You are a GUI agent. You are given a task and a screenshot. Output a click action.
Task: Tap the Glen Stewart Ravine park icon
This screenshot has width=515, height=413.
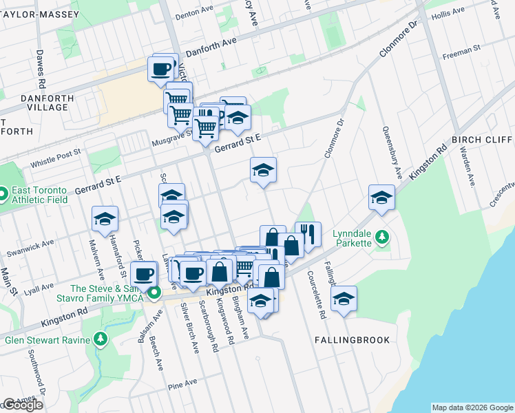tap(101, 339)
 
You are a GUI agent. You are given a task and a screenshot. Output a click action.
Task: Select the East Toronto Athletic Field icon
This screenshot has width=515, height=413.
tap(4, 195)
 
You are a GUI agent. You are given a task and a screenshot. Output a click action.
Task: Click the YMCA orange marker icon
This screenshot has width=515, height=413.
tap(156, 294)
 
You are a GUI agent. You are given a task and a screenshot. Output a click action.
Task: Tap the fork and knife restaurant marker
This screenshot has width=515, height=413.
tap(308, 234)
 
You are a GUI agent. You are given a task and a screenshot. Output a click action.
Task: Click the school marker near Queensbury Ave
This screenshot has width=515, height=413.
tap(381, 197)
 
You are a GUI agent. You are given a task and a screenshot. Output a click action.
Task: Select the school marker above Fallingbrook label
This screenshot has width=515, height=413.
tap(344, 298)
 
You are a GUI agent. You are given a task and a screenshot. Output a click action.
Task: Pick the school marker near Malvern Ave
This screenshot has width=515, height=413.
tap(105, 218)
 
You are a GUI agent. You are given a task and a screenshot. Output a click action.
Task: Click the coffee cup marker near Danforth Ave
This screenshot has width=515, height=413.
tap(161, 69)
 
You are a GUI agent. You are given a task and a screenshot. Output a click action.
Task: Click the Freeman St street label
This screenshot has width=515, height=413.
tap(461, 52)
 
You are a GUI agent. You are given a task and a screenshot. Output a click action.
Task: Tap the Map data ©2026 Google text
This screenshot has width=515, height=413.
tap(472, 407)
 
